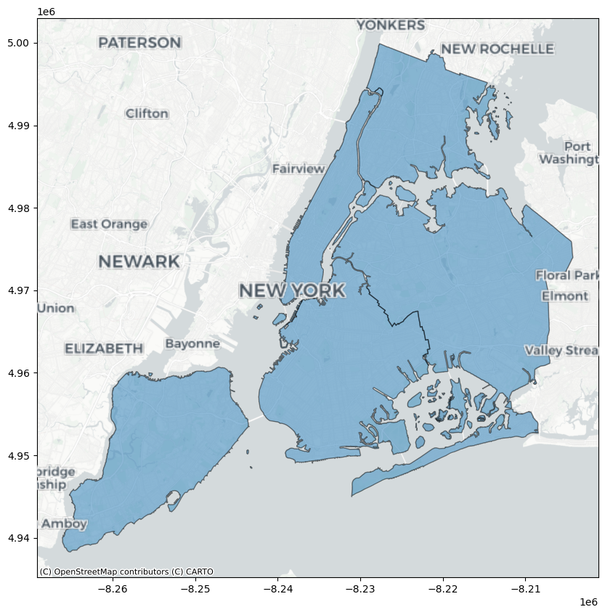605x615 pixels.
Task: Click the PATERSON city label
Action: tap(139, 43)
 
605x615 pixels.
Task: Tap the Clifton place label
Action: tap(147, 114)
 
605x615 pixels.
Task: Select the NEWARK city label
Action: tap(139, 261)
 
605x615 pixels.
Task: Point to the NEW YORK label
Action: tap(292, 291)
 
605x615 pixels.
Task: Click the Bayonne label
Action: tap(192, 343)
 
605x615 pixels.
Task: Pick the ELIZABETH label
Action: tap(104, 349)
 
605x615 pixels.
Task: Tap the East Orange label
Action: tap(109, 224)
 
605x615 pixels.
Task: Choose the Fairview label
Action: tap(299, 169)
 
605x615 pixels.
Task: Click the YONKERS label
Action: tap(391, 25)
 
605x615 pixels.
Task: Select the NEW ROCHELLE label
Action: tap(497, 49)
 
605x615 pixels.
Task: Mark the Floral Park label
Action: tap(567, 276)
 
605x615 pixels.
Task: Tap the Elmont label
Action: tap(564, 296)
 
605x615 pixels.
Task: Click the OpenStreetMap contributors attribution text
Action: tap(126, 571)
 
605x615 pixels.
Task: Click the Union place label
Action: tap(56, 309)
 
